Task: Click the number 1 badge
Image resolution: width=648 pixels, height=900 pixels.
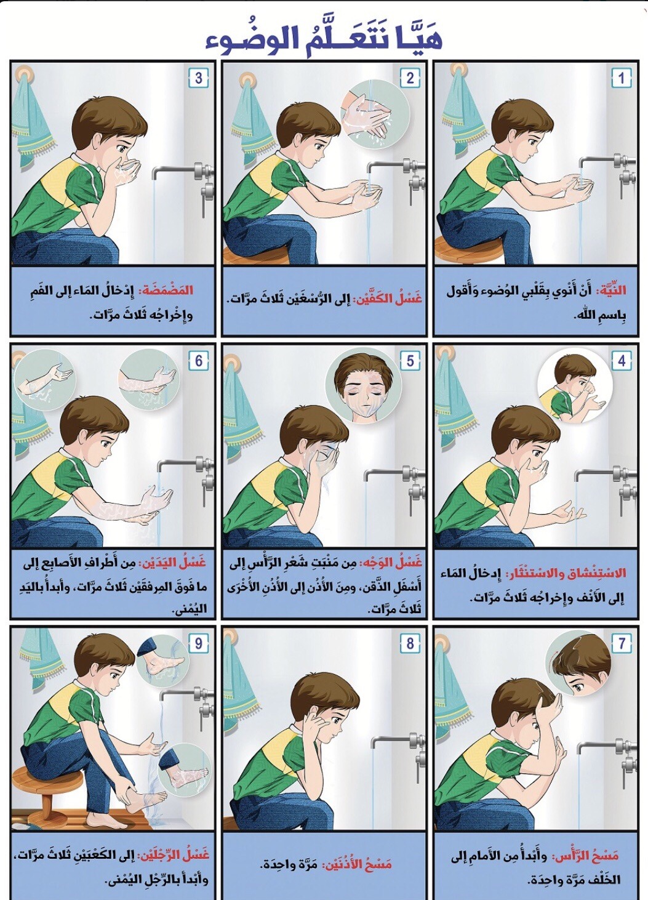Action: point(622,78)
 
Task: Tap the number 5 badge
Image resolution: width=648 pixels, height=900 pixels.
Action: point(410,361)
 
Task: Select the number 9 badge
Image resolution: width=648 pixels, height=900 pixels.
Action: point(198,644)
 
